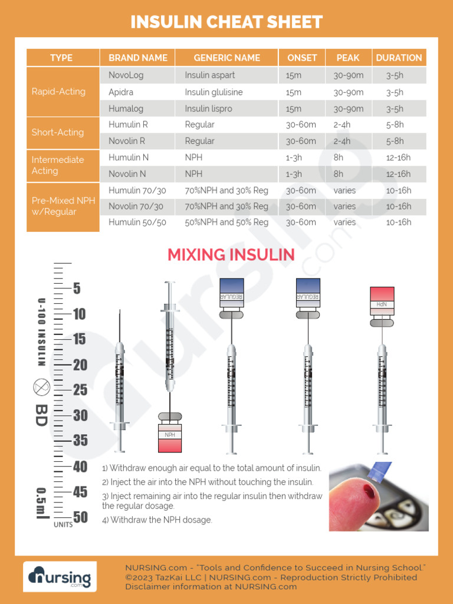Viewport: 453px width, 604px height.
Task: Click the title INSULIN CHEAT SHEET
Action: (x=226, y=22)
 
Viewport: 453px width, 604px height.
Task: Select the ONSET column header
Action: (x=302, y=58)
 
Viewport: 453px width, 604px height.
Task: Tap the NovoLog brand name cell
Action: (x=126, y=75)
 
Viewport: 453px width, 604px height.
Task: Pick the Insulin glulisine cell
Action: (x=214, y=92)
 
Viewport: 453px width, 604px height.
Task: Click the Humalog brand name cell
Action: (x=126, y=109)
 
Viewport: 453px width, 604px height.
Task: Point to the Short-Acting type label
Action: (x=58, y=132)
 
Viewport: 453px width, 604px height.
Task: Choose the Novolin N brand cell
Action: (x=127, y=174)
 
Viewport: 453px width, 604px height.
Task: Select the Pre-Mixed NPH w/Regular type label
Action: (x=63, y=206)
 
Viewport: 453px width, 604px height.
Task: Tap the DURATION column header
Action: (x=399, y=58)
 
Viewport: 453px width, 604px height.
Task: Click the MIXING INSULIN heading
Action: (x=231, y=255)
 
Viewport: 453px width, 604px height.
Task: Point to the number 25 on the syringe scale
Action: (x=80, y=390)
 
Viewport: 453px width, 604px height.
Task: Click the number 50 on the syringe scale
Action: (x=80, y=517)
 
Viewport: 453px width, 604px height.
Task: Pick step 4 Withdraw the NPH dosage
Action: (x=157, y=520)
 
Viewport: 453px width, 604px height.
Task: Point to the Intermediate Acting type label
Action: (x=58, y=165)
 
